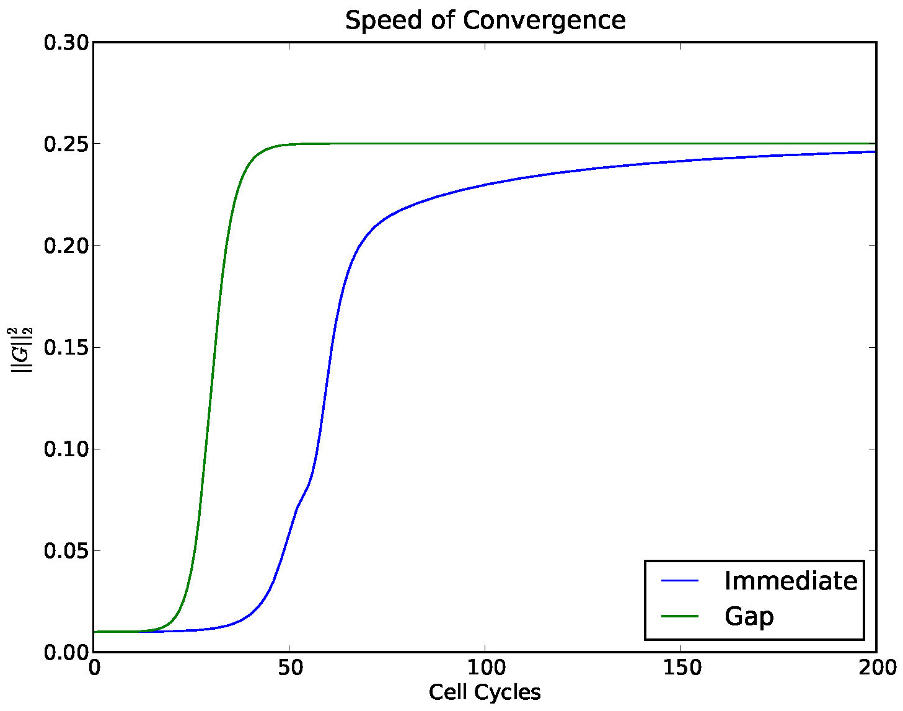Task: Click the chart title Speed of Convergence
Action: pos(485,20)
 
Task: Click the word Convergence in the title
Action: pos(544,20)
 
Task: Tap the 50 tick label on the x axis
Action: pos(289,668)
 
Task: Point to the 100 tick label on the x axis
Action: pos(485,668)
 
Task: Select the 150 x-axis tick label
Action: pos(681,668)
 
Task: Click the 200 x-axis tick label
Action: pos(876,668)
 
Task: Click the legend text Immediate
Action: pos(791,581)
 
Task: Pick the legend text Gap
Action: pos(749,616)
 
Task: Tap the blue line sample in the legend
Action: pos(680,581)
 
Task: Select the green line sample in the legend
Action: pos(680,616)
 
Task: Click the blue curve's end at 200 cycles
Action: pos(874,152)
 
